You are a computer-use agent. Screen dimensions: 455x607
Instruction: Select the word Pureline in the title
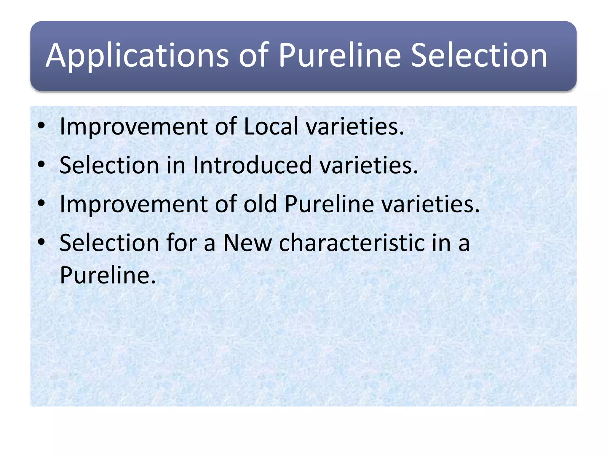point(340,55)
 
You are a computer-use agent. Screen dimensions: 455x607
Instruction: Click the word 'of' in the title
point(254,55)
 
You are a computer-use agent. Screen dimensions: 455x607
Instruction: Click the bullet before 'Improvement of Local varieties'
point(41,126)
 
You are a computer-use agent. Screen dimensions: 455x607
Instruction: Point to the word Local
point(271,126)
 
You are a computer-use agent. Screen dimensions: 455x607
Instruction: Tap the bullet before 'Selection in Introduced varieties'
point(41,165)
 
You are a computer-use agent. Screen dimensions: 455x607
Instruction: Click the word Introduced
point(252,165)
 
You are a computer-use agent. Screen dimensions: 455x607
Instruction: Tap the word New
point(247,243)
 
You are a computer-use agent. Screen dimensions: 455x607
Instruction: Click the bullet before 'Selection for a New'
point(41,243)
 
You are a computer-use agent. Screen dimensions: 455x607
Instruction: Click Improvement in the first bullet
point(134,126)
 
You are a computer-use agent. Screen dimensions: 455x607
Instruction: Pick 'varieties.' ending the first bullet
point(355,126)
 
